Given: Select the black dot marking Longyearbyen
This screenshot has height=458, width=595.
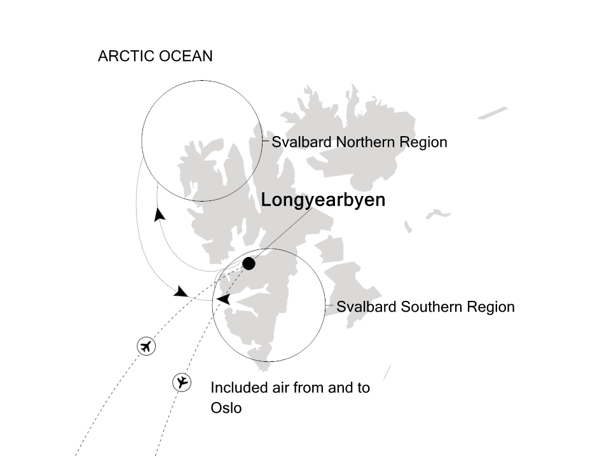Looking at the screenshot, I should pyautogui.click(x=249, y=263).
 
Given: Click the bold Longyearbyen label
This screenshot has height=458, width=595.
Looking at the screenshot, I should pyautogui.click(x=323, y=200).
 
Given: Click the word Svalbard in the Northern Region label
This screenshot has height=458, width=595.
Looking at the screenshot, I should pyautogui.click(x=301, y=142).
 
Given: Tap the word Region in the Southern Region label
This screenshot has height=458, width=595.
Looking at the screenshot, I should pyautogui.click(x=491, y=307).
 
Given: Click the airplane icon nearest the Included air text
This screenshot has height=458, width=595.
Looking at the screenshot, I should pyautogui.click(x=182, y=382).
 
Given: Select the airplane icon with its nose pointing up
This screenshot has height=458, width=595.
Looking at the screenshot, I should pyautogui.click(x=147, y=347).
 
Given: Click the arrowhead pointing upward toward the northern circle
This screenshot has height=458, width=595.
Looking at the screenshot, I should pyautogui.click(x=160, y=215).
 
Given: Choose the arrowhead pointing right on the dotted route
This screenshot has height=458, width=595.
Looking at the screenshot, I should pyautogui.click(x=181, y=292).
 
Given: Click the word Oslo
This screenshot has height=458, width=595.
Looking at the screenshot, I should pyautogui.click(x=226, y=408).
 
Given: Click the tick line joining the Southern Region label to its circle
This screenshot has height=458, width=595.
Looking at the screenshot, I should pyautogui.click(x=330, y=306).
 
